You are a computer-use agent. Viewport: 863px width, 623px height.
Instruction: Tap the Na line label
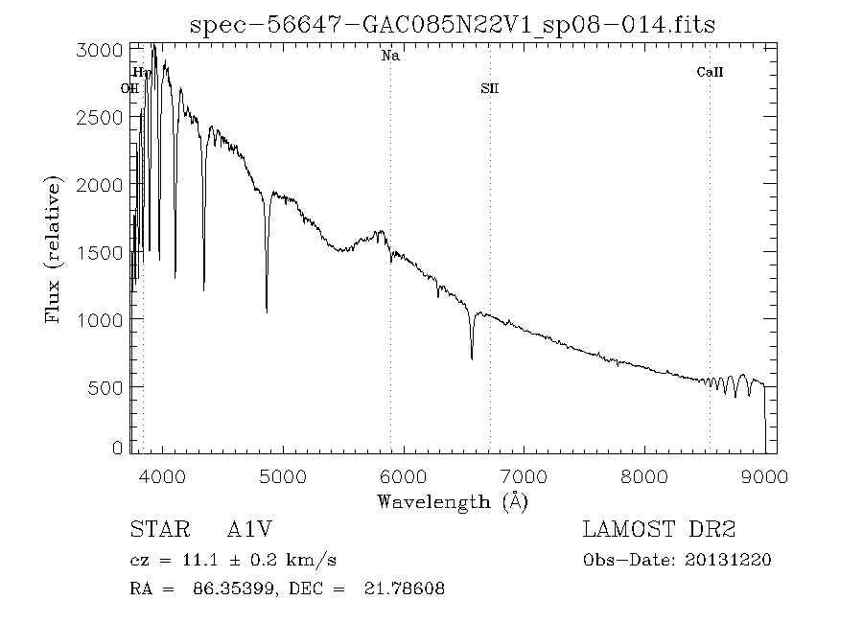[x=390, y=57]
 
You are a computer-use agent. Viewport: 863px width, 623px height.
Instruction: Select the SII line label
[x=490, y=89]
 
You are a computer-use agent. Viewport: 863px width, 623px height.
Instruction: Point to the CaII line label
[x=710, y=72]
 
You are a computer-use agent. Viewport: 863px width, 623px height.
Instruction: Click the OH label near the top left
[x=129, y=89]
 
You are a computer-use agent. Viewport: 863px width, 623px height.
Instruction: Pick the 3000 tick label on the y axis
[x=98, y=50]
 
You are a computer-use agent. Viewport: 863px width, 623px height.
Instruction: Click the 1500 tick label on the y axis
[x=98, y=252]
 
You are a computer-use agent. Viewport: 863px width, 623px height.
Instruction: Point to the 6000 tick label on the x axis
[x=403, y=476]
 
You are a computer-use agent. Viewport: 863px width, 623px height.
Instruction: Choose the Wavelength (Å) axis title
[x=453, y=501]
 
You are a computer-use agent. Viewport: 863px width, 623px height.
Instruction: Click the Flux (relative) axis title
[x=55, y=250]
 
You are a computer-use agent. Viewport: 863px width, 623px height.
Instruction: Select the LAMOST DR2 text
[x=660, y=530]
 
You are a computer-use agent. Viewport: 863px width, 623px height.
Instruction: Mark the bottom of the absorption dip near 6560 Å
[x=472, y=358]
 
